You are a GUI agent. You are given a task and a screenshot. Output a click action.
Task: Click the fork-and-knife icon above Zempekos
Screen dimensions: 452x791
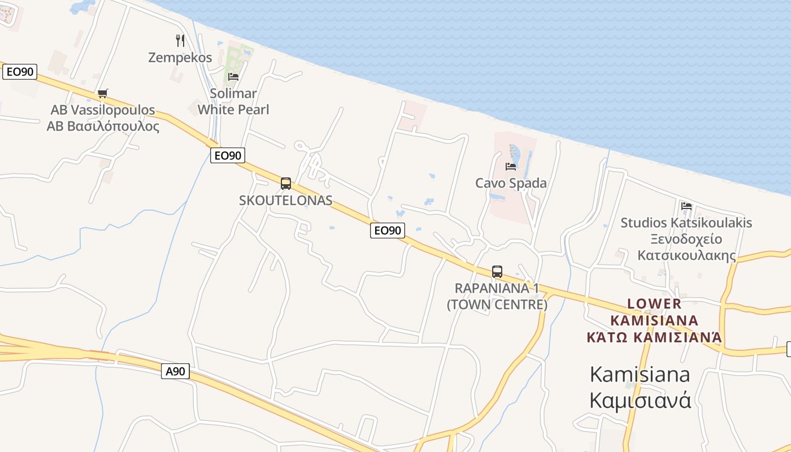point(180,41)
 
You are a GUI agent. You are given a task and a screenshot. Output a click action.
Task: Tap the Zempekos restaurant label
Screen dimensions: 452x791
point(180,58)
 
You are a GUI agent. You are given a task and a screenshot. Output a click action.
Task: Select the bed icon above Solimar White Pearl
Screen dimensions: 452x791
point(233,77)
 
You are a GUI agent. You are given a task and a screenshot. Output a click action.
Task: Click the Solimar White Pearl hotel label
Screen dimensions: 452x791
point(233,102)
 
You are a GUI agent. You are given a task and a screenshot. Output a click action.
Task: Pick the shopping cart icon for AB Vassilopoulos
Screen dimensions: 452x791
point(102,94)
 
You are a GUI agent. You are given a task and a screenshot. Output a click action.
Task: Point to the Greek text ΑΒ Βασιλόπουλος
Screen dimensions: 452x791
point(103,126)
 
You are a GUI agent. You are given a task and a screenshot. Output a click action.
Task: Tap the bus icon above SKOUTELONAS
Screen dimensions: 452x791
point(286,184)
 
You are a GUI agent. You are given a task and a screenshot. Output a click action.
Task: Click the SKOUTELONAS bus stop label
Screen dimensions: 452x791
point(286,201)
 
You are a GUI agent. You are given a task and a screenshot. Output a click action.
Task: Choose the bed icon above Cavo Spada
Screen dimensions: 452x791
point(511,167)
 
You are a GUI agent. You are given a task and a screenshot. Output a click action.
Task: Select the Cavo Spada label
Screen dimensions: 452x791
point(511,183)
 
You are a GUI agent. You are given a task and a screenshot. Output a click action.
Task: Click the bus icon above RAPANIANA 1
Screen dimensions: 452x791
point(497,272)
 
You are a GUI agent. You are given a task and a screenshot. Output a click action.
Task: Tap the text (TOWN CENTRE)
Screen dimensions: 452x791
point(497,305)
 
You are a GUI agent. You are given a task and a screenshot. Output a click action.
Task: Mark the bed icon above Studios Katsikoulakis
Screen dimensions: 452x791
point(686,206)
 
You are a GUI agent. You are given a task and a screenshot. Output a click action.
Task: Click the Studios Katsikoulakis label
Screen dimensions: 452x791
point(686,223)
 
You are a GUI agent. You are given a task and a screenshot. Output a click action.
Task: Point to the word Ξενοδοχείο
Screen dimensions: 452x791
point(686,239)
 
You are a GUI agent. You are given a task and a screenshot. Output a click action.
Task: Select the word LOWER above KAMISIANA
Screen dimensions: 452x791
point(654,304)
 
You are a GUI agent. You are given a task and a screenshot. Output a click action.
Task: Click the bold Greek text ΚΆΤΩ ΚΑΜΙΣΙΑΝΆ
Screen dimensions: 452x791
point(654,338)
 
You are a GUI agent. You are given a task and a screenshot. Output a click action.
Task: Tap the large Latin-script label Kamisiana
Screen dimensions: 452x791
point(640,374)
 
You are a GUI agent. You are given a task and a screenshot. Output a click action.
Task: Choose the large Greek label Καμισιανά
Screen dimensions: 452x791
point(640,400)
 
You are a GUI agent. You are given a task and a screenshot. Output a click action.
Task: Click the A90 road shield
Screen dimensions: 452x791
point(175,371)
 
